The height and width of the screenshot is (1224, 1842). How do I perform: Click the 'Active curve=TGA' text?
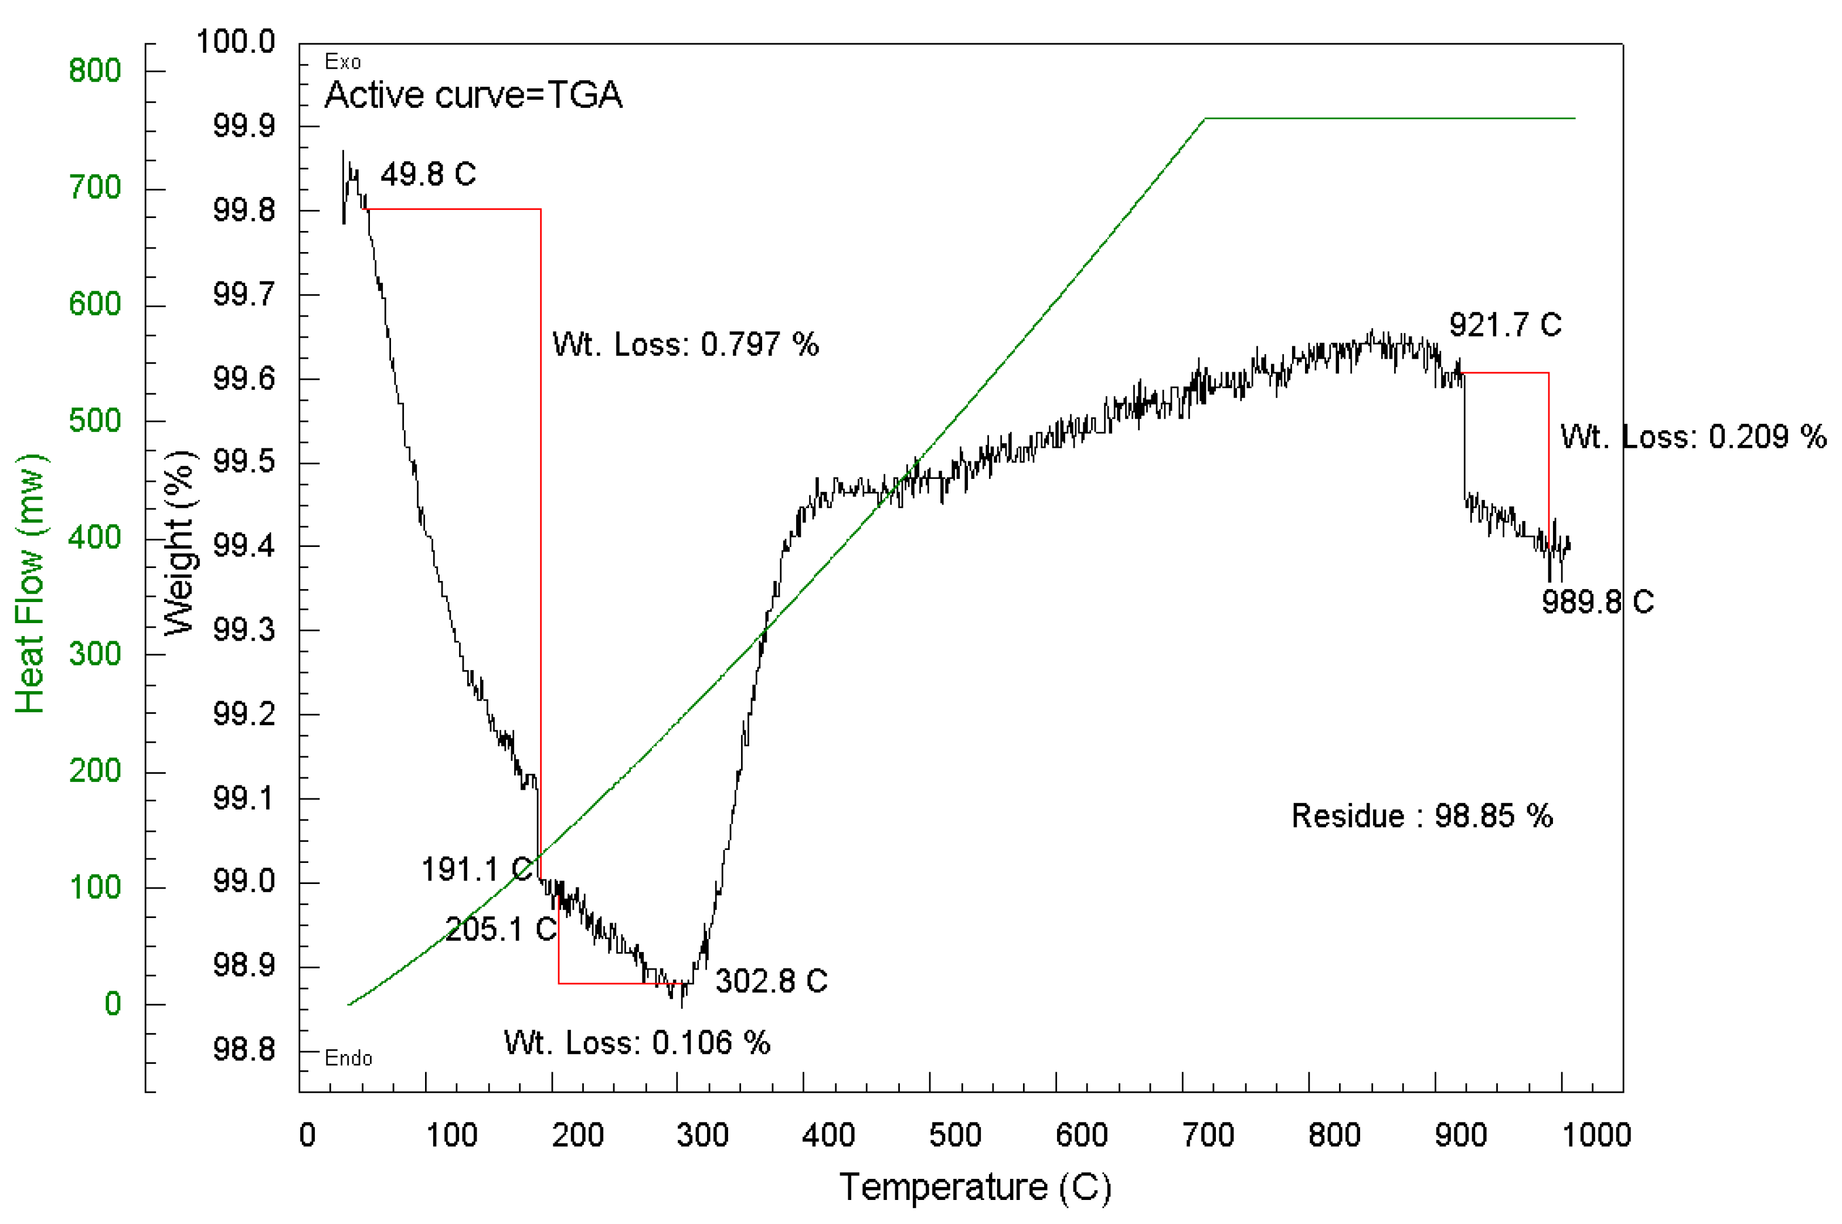473,95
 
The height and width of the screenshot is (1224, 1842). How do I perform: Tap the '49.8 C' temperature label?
428,174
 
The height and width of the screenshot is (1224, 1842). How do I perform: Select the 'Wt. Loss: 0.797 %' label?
685,344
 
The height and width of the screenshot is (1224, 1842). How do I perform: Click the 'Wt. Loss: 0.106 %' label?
637,1043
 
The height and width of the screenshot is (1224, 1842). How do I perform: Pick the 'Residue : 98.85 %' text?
1421,817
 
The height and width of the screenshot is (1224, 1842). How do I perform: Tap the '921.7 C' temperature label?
1505,325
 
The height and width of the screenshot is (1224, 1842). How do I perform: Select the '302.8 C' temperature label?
771,981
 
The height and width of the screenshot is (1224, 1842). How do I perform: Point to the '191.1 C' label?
476,869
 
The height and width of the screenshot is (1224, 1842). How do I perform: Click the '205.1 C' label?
500,929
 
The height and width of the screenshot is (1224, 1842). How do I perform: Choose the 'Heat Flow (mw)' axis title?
30,583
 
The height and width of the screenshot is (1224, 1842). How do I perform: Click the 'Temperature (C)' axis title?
975,1187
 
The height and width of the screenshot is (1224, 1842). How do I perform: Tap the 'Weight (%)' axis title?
179,542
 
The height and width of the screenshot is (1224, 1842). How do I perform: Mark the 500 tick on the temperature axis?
954,1135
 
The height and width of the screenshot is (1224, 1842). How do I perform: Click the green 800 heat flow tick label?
94,71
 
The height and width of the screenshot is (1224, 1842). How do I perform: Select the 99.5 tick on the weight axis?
243,461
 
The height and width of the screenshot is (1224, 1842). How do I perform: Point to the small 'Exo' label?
342,62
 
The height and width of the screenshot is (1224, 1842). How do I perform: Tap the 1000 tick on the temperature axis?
1595,1135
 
